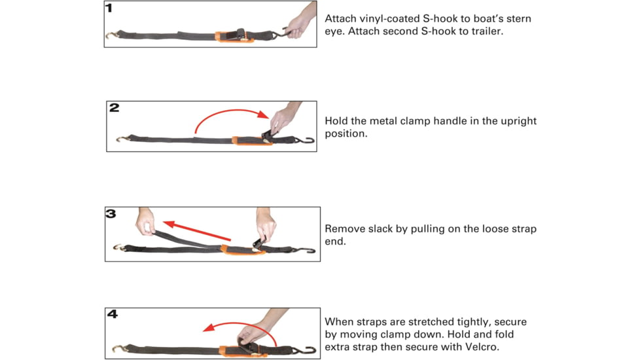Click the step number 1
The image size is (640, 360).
click(109, 8)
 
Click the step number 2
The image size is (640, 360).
click(115, 107)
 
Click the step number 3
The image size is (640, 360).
click(111, 213)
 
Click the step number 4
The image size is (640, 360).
click(113, 314)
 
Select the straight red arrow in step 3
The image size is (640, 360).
click(197, 230)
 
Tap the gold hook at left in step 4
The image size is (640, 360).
click(120, 349)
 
